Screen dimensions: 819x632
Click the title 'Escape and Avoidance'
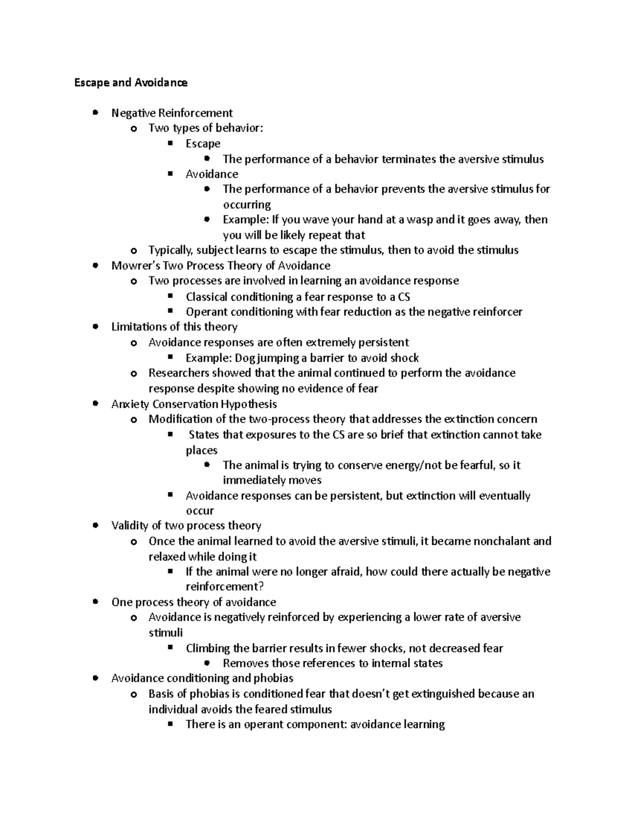pos(131,83)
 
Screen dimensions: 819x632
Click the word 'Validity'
pos(130,526)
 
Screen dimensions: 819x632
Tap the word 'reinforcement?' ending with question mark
pos(224,586)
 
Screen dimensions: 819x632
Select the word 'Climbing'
pos(208,648)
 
